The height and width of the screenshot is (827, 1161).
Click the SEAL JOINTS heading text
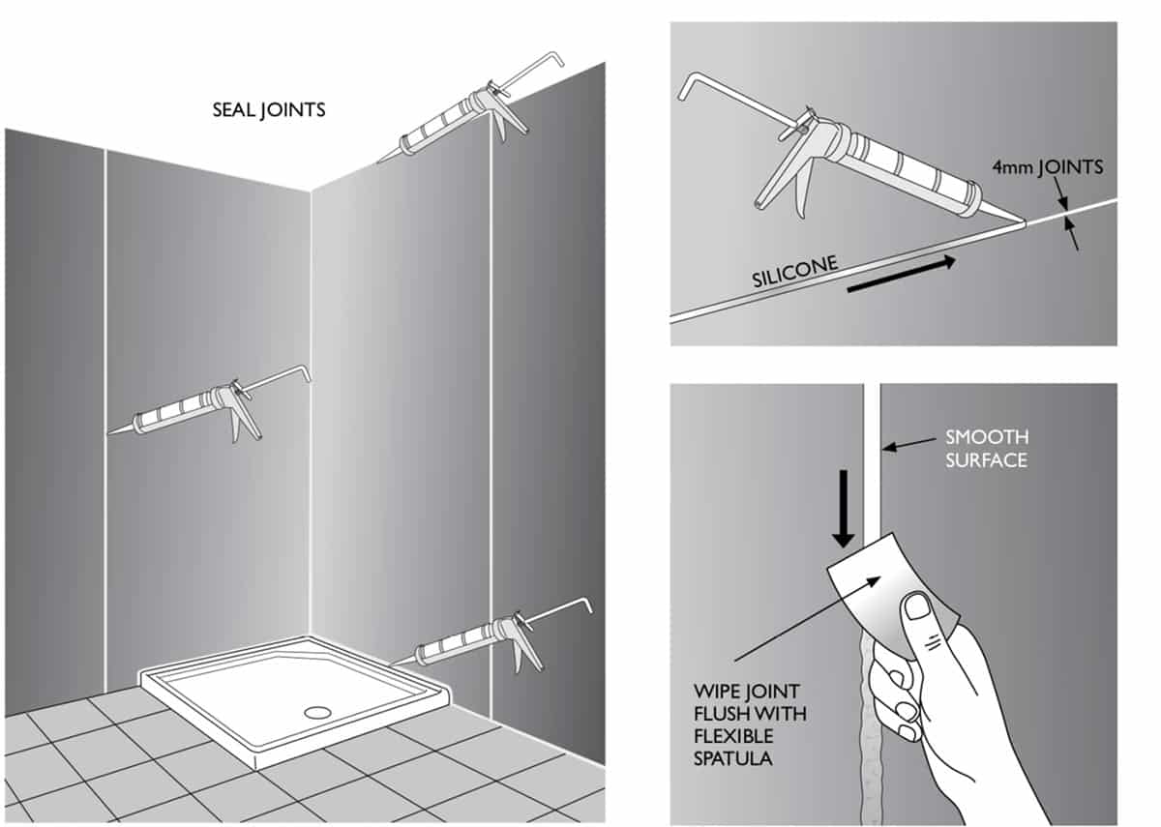[x=268, y=109]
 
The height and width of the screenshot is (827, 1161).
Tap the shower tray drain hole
[x=317, y=711]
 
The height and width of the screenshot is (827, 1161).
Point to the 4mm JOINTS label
[x=1047, y=167]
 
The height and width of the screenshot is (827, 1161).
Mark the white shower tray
[x=290, y=696]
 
